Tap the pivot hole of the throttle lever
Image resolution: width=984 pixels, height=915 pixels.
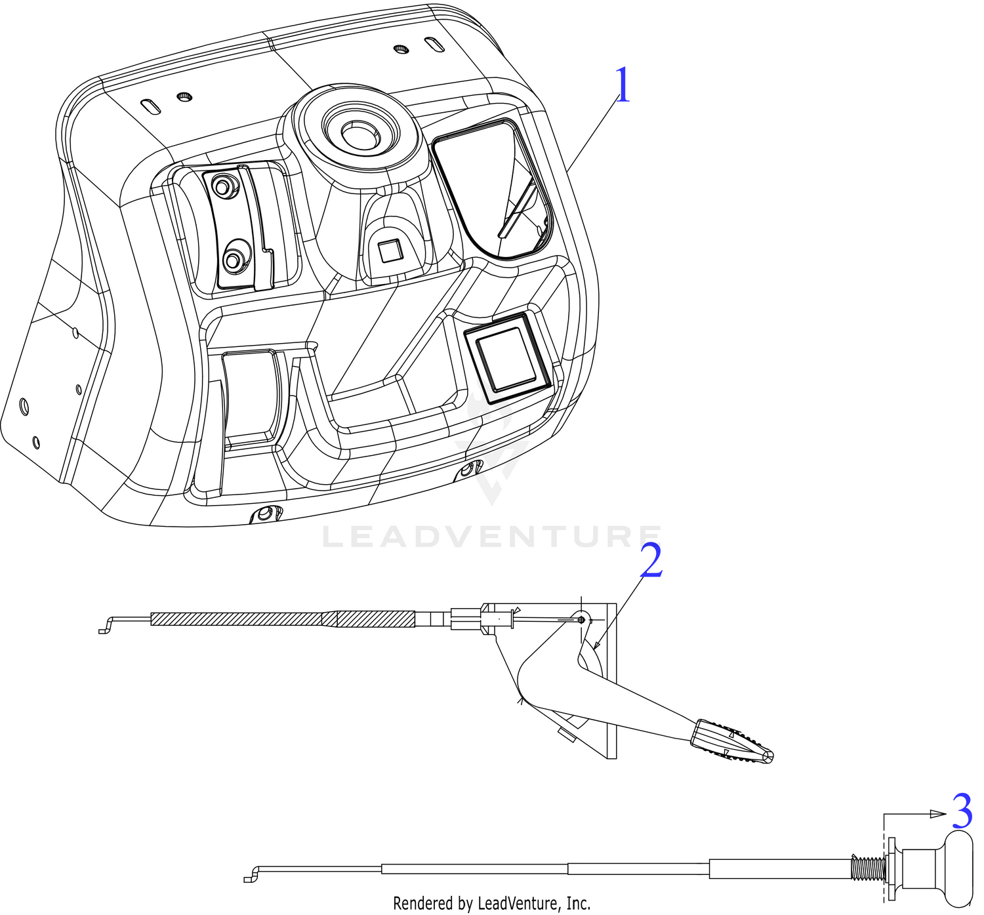tap(582, 619)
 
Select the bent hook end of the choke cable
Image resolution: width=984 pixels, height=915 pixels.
tap(253, 874)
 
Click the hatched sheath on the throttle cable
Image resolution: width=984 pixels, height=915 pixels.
tap(283, 619)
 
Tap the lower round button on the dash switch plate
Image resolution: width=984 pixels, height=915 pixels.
tap(233, 259)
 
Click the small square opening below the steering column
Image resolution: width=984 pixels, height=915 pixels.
tap(390, 251)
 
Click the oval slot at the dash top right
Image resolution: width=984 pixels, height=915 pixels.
tap(434, 45)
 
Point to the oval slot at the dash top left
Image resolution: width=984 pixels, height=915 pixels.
tap(151, 106)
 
